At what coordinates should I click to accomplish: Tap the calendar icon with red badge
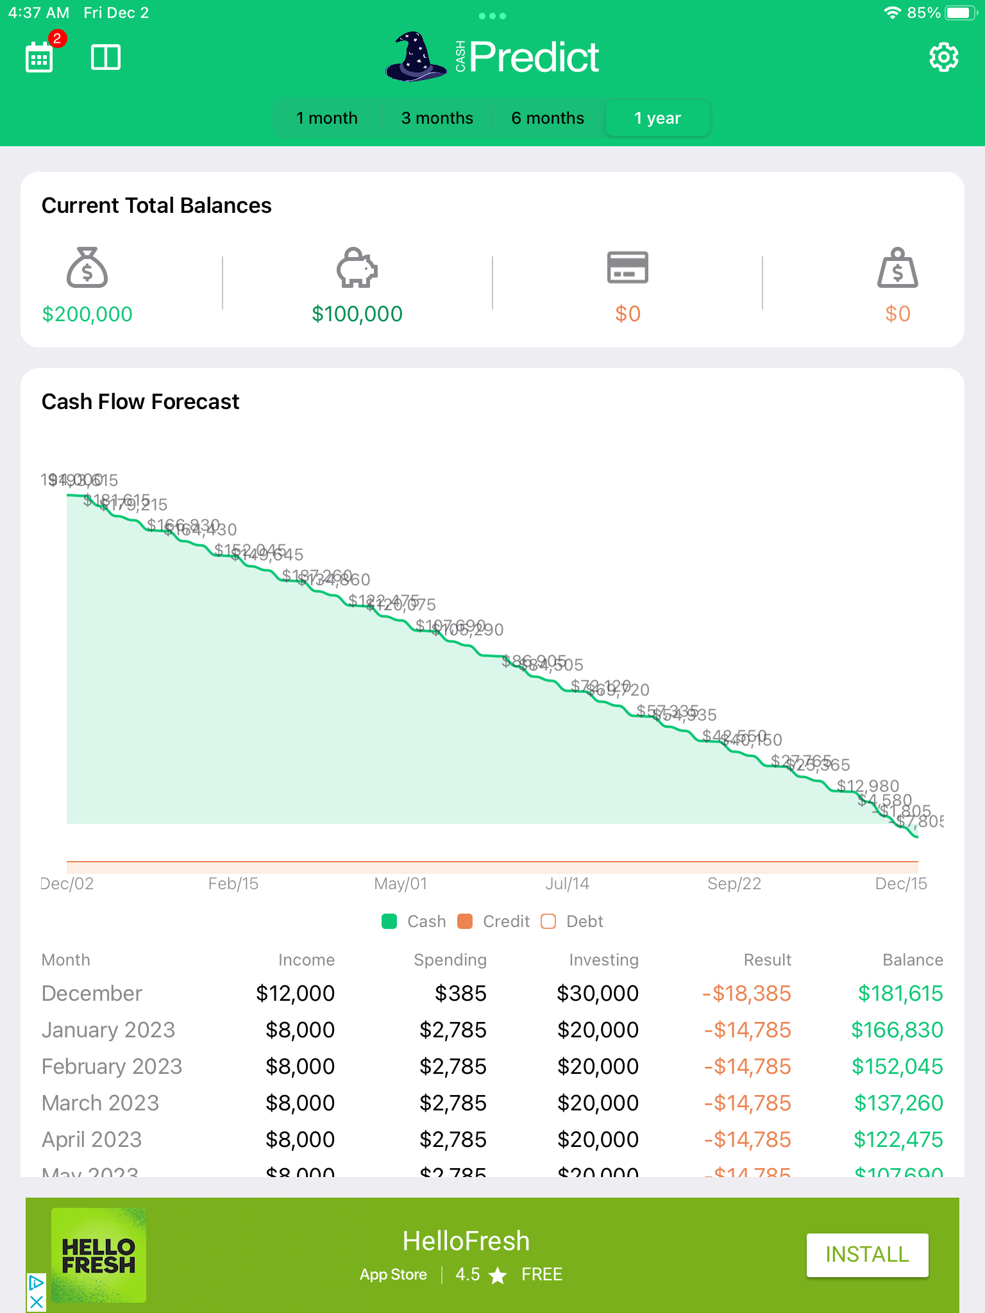coord(40,58)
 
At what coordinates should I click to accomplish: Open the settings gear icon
coord(943,58)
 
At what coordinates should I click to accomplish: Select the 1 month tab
coord(327,119)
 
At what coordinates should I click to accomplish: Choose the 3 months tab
coord(437,119)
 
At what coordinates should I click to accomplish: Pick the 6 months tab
coord(548,119)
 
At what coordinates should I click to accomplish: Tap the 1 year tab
coord(657,119)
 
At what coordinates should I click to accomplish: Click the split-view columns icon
coord(106,58)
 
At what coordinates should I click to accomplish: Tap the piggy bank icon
coord(357,267)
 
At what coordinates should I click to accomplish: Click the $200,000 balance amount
coord(87,314)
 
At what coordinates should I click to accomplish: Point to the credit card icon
coord(627,267)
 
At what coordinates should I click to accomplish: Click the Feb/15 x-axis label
coord(233,884)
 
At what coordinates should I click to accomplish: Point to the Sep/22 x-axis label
coord(734,884)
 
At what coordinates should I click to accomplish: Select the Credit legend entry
coord(494,921)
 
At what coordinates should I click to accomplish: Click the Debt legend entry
coord(573,921)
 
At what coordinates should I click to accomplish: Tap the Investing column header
coord(603,960)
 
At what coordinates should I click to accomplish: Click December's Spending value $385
coord(460,994)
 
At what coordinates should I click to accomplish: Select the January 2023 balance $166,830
coord(897,1030)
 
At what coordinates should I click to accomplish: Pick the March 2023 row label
coord(101,1103)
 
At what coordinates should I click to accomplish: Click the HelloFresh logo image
coord(99,1255)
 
